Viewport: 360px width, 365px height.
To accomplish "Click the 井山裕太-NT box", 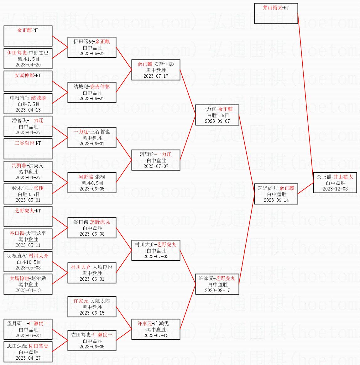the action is pos(276,13).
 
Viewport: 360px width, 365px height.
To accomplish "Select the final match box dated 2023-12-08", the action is pos(335,183).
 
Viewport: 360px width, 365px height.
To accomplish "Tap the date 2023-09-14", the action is pos(276,200).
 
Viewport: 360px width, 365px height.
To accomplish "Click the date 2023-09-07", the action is pos(217,121).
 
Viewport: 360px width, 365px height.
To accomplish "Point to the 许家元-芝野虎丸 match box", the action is pos(217,284).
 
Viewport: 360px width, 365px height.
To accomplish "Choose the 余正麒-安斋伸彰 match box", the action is pos(156,70).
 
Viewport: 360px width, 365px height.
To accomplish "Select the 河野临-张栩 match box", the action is pos(92,183).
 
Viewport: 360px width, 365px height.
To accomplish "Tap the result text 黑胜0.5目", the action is pos(92,183).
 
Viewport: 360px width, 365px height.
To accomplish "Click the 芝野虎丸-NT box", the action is pos(28,216).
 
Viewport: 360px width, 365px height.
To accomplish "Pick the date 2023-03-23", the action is pos(28,336).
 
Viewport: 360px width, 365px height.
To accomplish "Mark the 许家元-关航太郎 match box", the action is pos(92,307).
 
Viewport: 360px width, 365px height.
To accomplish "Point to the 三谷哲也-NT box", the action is pos(28,149).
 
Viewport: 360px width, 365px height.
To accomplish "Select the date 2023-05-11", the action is pos(28,245).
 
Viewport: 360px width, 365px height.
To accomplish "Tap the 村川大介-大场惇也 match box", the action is pos(92,273).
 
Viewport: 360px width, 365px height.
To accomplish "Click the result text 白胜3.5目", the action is pos(29,194).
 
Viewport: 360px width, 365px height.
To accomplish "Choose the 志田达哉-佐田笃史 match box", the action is pos(28,352).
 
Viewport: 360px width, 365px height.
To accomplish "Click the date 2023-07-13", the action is pos(156,336).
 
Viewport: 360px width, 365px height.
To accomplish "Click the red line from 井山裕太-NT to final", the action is pos(305,98).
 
